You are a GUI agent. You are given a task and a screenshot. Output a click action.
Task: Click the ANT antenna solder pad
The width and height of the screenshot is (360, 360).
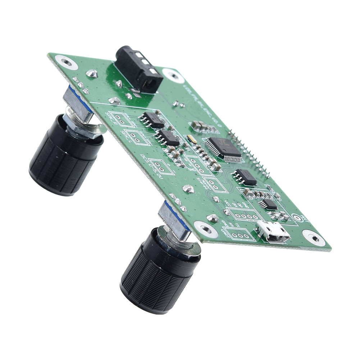click(297, 218)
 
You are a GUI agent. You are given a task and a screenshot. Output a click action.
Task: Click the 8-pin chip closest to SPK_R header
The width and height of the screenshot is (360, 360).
click(152, 120)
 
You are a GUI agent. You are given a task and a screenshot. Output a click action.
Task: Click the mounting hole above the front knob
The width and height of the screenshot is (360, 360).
click(205, 228)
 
